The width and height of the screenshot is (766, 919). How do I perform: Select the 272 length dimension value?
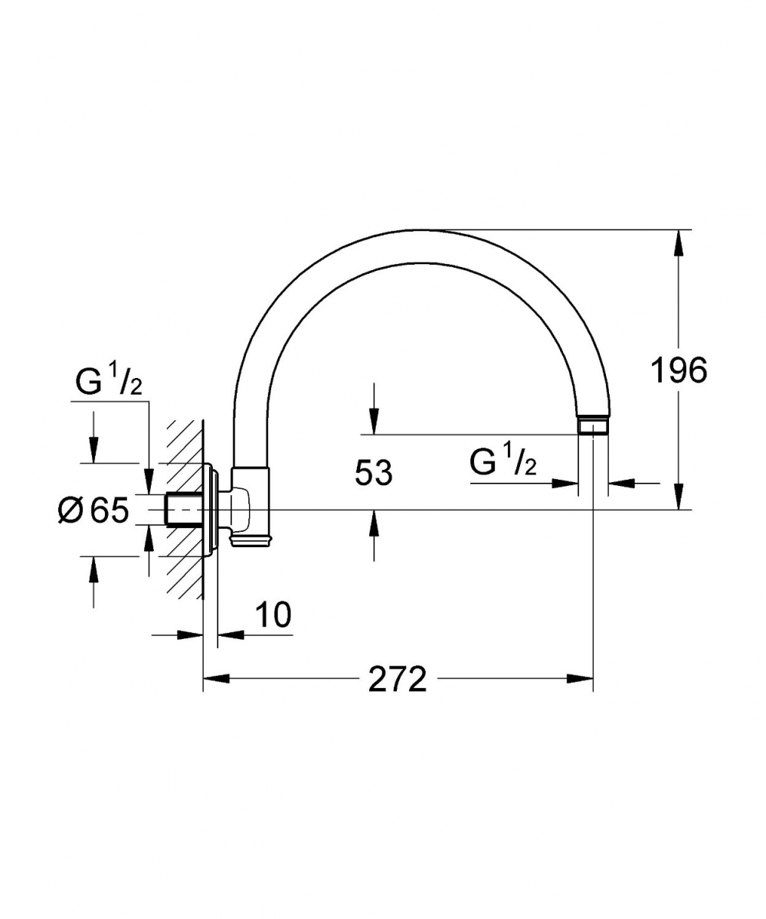[397, 678]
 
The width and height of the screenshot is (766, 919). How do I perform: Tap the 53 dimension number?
[373, 473]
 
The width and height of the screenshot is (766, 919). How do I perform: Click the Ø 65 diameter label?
[93, 510]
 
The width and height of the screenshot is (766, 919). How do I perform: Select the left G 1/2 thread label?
[109, 382]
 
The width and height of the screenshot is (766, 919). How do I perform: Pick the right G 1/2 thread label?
[503, 462]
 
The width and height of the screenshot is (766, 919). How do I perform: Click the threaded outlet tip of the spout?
[593, 427]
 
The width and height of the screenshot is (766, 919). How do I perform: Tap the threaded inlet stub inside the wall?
[184, 510]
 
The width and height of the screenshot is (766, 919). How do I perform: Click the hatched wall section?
[185, 509]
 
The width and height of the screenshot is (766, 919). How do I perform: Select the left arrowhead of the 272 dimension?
[217, 678]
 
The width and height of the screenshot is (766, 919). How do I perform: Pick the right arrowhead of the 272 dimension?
[580, 678]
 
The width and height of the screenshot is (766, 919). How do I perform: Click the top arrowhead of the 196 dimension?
[679, 243]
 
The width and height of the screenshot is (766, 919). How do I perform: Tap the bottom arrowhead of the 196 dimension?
[679, 497]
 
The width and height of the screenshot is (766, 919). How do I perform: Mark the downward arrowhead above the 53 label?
[374, 421]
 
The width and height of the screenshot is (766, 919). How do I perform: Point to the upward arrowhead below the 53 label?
[374, 523]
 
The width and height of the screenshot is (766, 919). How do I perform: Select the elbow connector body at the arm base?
[250, 507]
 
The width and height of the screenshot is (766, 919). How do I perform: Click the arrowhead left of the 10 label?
[190, 634]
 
